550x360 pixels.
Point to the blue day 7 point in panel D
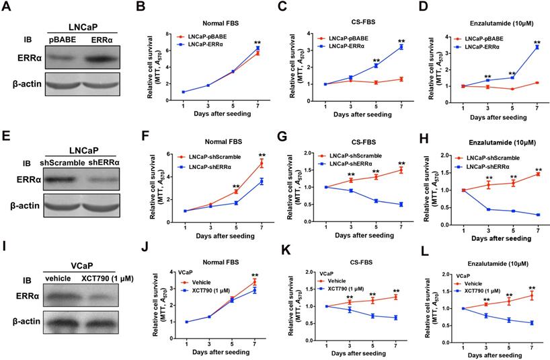click(536, 48)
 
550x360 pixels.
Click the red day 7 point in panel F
click(251, 163)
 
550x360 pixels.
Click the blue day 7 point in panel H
click(536, 215)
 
